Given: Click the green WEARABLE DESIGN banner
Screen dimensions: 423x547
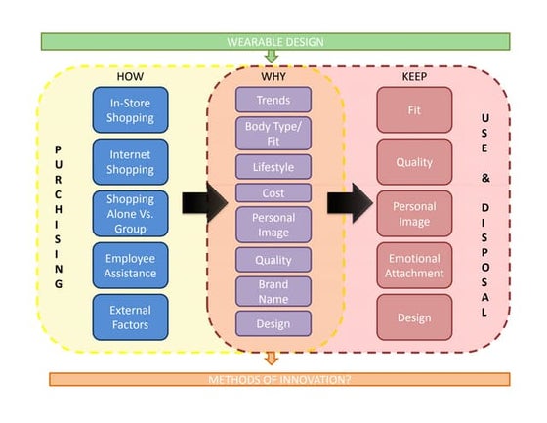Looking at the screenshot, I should (274, 42).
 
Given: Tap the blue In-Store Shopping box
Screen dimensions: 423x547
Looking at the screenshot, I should (131, 110).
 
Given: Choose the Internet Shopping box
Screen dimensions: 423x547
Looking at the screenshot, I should (131, 162).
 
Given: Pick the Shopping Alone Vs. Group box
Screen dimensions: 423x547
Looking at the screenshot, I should (131, 213).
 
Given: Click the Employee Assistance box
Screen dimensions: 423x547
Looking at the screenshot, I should (131, 266).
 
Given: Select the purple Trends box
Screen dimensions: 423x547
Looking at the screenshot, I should (273, 100).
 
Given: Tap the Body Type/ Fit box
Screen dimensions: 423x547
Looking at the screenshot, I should (273, 133).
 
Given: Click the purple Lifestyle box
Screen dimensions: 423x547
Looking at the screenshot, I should (273, 167).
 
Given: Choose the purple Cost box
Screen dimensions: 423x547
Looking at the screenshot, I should (273, 193).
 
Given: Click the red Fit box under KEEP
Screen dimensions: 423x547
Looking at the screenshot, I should (414, 110).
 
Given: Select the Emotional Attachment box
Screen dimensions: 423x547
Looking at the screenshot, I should (414, 266).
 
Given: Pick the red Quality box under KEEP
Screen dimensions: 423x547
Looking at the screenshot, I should (414, 162).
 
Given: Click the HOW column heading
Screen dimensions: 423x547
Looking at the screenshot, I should (131, 75).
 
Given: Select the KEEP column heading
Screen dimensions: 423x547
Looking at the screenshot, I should (414, 75).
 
